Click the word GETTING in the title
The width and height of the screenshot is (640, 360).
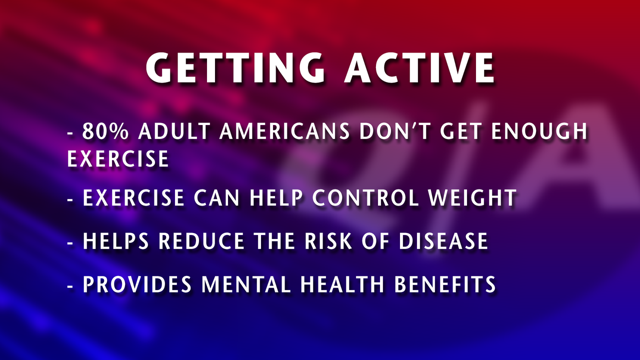(x=235, y=68)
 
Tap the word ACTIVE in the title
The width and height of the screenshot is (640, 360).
(x=419, y=68)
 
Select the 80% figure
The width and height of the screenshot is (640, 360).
(x=105, y=131)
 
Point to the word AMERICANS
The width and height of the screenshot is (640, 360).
(x=284, y=131)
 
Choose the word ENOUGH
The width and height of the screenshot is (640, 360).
(x=539, y=131)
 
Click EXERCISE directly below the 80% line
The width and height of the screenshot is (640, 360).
(x=117, y=158)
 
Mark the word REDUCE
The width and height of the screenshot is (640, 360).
(x=201, y=241)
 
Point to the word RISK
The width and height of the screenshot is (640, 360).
(x=328, y=241)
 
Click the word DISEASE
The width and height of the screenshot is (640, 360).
(x=443, y=241)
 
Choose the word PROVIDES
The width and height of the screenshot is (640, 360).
(x=137, y=284)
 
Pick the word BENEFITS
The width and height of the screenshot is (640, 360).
(x=445, y=284)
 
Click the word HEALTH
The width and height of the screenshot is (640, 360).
(x=341, y=284)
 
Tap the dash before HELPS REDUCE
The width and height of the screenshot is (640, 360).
(x=70, y=243)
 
